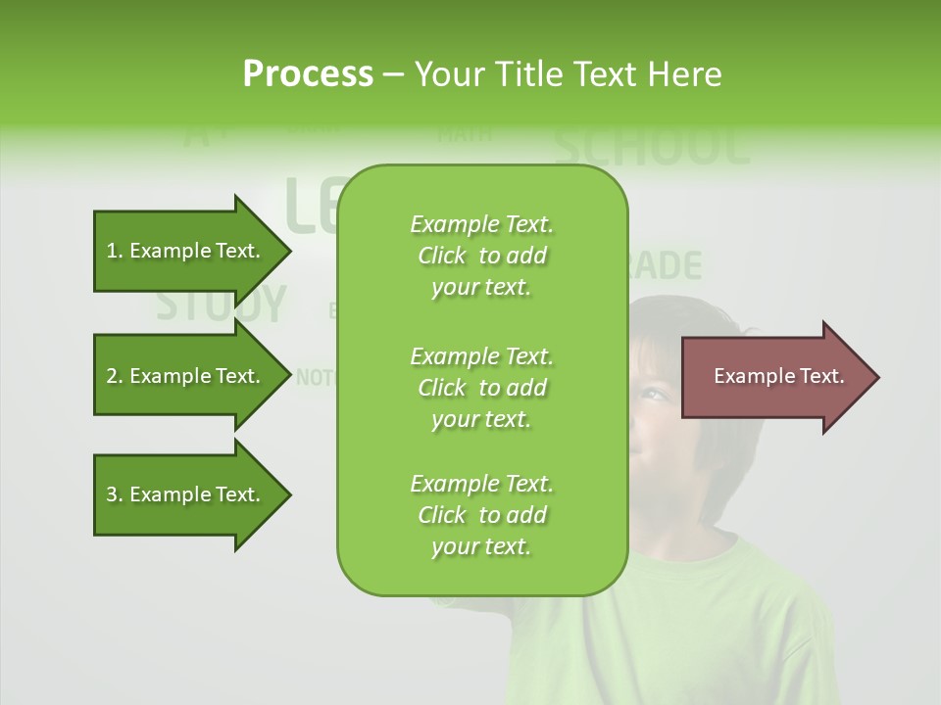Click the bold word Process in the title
coord(308,74)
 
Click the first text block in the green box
coord(481,256)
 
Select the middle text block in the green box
coord(481,388)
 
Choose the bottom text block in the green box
coord(481,515)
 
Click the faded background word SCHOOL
coord(652,146)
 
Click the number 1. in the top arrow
coord(115,251)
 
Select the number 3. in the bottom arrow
coord(115,494)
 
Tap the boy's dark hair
coord(686,333)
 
